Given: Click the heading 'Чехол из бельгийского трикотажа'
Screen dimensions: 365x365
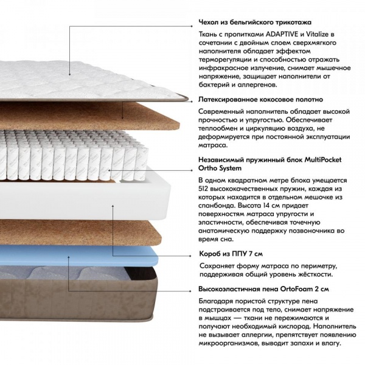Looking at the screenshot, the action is pos(255,23).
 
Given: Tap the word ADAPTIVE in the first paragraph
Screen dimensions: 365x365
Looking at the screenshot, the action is pos(282,34).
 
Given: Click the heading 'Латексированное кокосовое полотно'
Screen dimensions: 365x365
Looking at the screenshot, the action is pos(260,100).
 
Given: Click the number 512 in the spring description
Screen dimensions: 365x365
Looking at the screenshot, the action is pos(203,189).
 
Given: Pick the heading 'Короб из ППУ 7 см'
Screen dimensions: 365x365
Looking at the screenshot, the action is pos(231,254).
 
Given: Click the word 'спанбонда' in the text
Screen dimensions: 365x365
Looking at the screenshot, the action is pos(214,206).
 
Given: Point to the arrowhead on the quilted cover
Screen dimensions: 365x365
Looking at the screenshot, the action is pos(69,74).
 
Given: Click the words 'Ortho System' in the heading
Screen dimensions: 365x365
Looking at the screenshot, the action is pos(220,168).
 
